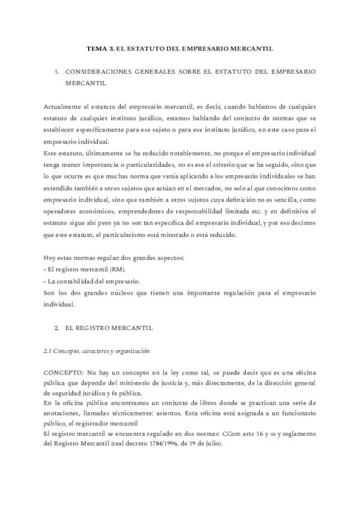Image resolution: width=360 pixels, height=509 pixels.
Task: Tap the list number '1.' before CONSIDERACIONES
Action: tap(56, 71)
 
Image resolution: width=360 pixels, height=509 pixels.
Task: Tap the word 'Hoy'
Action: tap(50, 258)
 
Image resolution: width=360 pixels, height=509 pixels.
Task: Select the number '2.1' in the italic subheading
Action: tap(48, 351)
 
